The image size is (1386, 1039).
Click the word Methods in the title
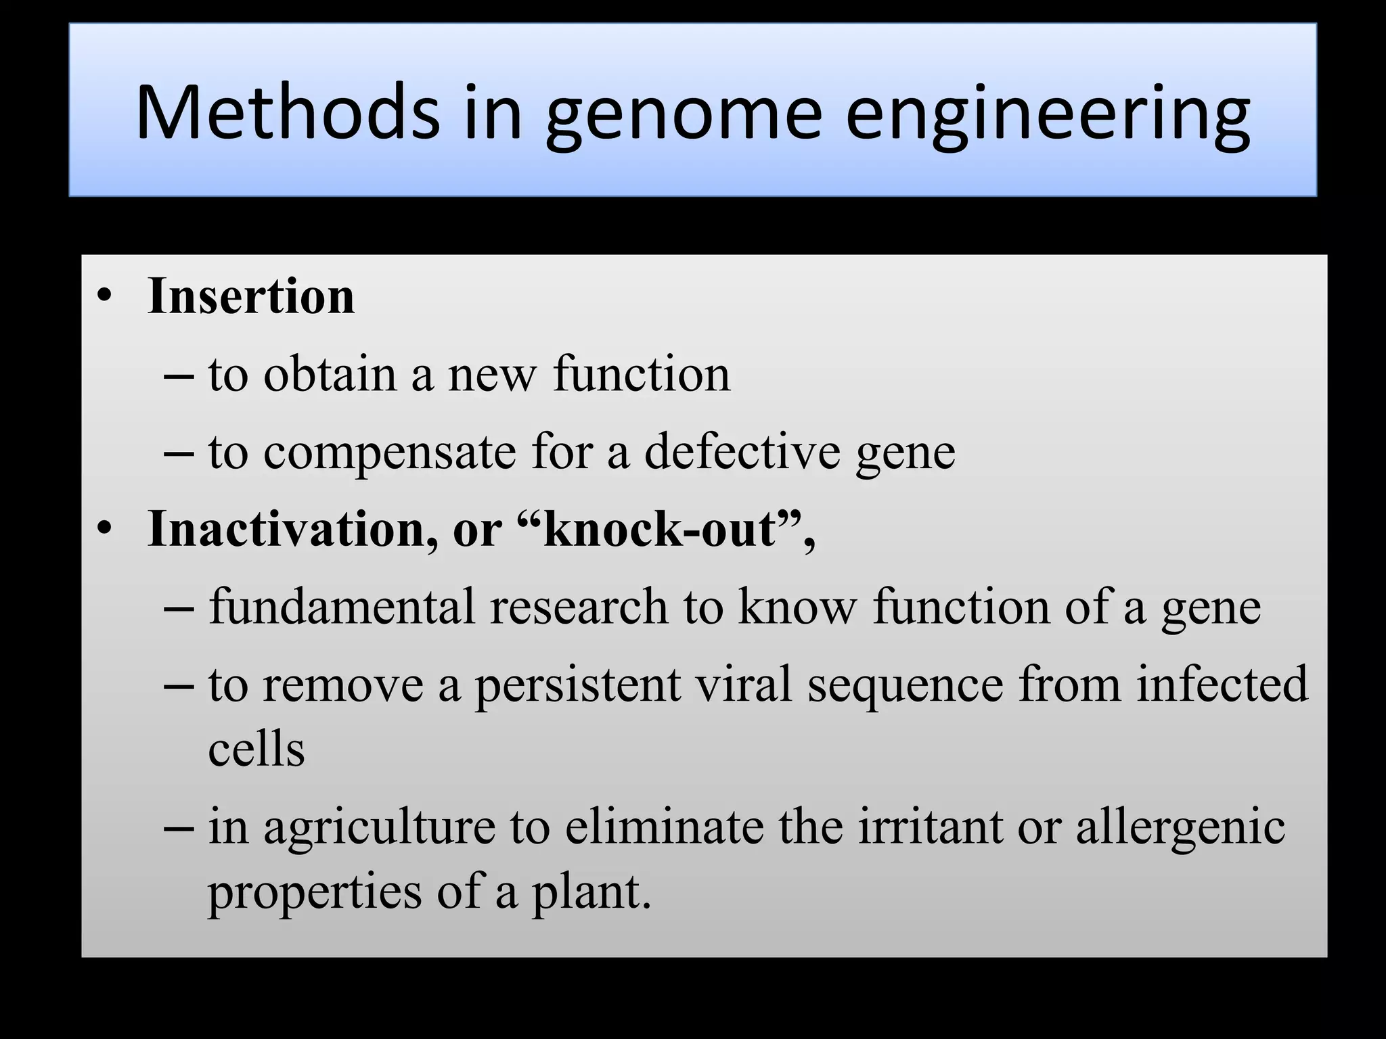288,112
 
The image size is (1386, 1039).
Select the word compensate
389,453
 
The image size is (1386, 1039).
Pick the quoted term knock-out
660,528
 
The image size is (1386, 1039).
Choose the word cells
256,749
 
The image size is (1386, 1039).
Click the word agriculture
379,828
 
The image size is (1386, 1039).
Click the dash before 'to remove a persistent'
179,685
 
